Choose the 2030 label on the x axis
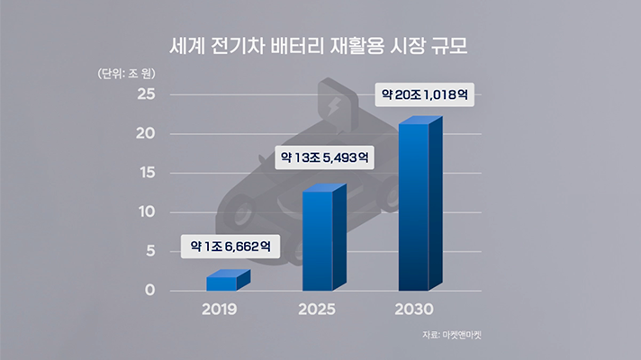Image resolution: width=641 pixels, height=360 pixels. [x=414, y=310]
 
